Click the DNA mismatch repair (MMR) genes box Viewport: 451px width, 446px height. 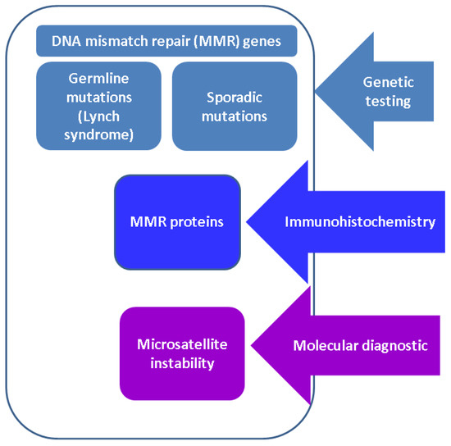pos(166,41)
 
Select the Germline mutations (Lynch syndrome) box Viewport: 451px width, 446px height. pos(98,106)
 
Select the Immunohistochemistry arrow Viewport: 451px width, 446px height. pos(353,221)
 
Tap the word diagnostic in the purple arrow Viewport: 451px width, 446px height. pos(395,346)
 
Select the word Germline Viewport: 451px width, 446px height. pos(98,80)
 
